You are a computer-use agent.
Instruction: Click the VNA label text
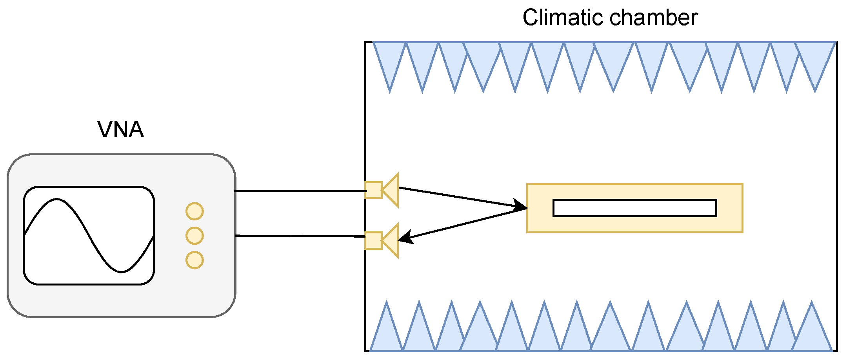pos(120,130)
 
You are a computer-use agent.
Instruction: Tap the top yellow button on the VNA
pos(194,211)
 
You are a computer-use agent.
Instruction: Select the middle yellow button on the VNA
pos(194,236)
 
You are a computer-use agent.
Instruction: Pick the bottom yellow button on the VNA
pos(194,260)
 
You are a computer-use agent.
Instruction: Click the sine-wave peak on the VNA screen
pos(57,200)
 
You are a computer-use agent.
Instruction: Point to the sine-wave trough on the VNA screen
pos(122,271)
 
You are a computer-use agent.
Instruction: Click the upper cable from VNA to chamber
pos(300,191)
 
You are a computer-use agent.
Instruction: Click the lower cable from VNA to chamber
pos(300,236)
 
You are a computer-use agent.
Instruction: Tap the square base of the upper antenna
pos(373,190)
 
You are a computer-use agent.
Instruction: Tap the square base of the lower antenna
pos(373,240)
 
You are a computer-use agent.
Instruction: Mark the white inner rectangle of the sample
pos(634,208)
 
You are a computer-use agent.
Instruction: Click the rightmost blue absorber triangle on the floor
pos(812,333)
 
